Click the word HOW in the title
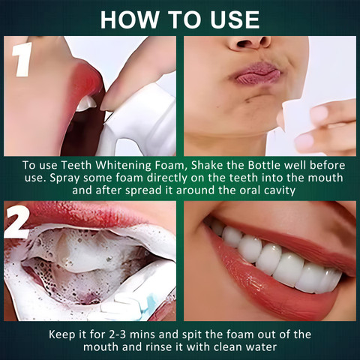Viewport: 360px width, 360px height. [x=130, y=19]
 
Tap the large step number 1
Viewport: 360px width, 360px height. [x=22, y=59]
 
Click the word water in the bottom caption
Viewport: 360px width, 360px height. [x=262, y=347]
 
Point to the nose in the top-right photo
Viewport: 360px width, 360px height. [x=250, y=43]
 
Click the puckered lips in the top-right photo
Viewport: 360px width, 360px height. [x=257, y=73]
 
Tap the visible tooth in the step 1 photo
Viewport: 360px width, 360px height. [x=85, y=103]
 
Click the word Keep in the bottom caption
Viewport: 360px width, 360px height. [x=61, y=335]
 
